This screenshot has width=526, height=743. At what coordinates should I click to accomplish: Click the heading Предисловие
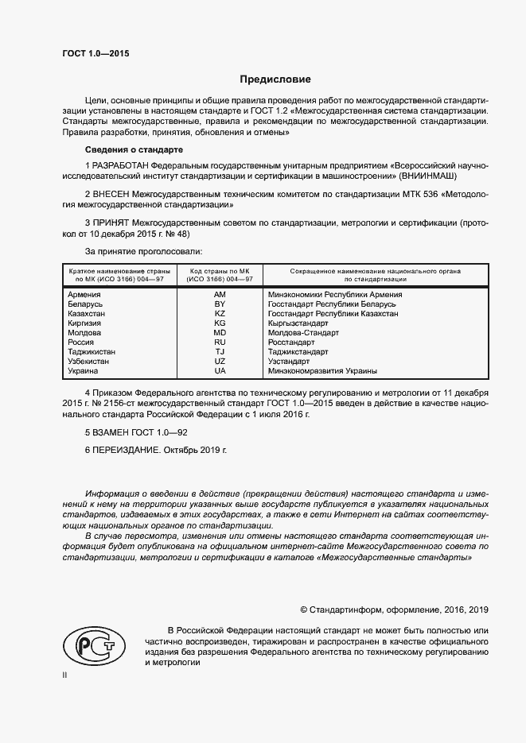275,79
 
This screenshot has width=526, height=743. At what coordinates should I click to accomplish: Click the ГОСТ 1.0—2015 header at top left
95,54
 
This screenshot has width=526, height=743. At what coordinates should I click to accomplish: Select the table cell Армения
84,295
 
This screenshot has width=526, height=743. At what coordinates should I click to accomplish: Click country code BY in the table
220,304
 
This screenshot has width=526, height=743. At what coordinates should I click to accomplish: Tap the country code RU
220,342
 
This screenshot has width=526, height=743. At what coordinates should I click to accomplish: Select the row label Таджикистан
92,352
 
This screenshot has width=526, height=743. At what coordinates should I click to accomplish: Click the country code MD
220,333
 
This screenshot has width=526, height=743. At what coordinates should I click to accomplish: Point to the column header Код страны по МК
220,271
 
